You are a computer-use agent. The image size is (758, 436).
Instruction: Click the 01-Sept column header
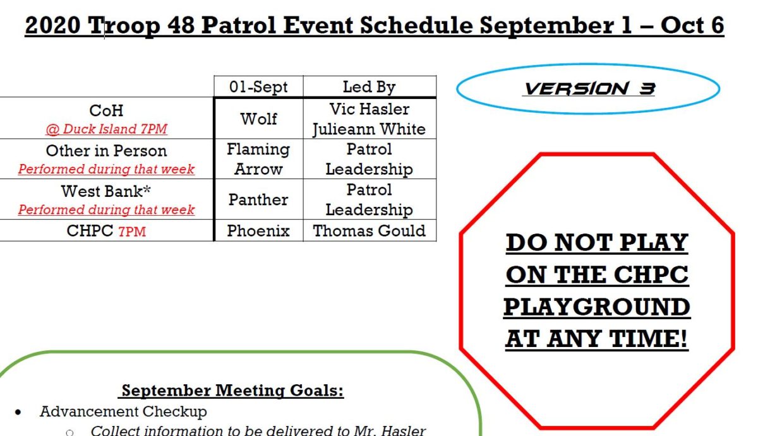[x=258, y=87]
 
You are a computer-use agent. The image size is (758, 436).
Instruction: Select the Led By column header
[x=369, y=87]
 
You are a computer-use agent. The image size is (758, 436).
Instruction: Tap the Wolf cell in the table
[x=258, y=119]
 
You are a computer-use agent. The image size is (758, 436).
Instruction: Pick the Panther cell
[x=258, y=199]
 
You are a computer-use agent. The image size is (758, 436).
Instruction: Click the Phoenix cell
[x=258, y=231]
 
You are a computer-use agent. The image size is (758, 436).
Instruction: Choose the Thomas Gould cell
[x=369, y=231]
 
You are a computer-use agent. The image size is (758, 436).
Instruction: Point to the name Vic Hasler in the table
[x=369, y=109]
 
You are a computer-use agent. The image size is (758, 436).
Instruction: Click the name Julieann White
[x=369, y=129]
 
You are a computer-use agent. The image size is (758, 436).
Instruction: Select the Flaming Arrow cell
[x=258, y=159]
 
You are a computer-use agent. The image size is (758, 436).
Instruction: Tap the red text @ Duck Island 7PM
[x=106, y=129]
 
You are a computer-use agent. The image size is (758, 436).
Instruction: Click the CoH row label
[x=106, y=110]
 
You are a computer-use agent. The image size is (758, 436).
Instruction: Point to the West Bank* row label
[x=106, y=191]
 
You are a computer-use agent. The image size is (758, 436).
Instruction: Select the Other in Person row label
[x=106, y=151]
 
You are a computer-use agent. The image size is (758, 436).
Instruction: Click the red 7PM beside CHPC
[x=132, y=232]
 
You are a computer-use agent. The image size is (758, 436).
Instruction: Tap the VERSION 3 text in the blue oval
[x=589, y=89]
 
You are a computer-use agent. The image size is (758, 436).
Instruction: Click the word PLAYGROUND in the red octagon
[x=596, y=307]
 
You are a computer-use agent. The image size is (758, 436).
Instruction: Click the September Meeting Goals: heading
[x=232, y=391]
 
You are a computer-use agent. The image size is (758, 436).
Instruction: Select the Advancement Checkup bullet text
[x=123, y=411]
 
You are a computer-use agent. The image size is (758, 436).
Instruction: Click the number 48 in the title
[x=181, y=25]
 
